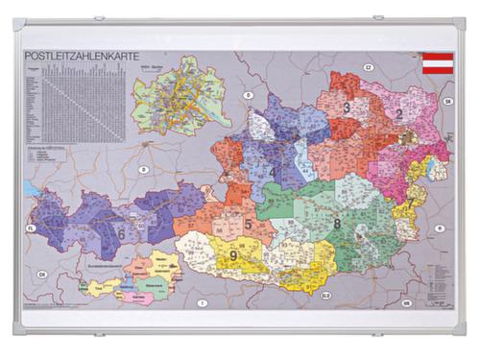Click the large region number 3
pyautogui.click(x=347, y=108)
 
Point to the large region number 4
pyautogui.click(x=272, y=174)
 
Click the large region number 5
pyautogui.click(x=247, y=225)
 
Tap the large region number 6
pyautogui.click(x=121, y=233)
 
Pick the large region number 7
pyautogui.click(x=410, y=204)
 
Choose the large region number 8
pyautogui.click(x=337, y=225)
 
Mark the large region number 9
pyautogui.click(x=232, y=255)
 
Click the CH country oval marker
pyautogui.click(x=42, y=276)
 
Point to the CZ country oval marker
pyautogui.click(x=368, y=67)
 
